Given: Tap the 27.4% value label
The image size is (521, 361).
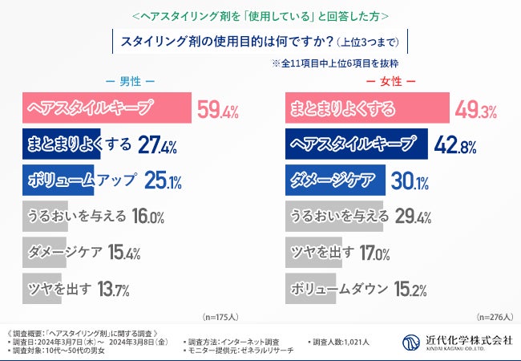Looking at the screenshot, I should pos(157,145).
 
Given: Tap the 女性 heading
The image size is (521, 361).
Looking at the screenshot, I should pos(390,81).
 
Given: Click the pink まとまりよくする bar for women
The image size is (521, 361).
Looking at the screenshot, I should pos(356,108).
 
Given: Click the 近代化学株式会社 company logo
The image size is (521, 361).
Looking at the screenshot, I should pos(458,341).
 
